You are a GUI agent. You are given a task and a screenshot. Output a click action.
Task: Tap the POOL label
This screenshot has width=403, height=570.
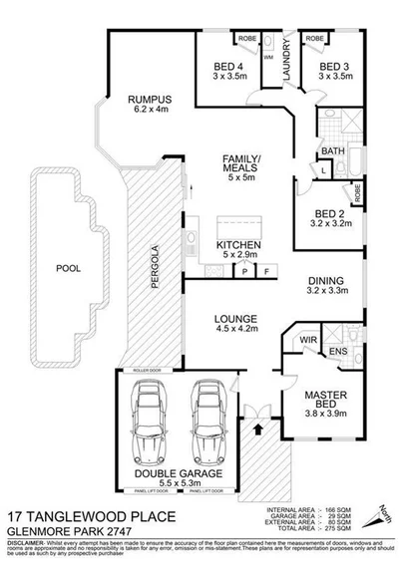click(x=69, y=268)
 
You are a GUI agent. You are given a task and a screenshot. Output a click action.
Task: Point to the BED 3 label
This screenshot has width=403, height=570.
click(x=334, y=68)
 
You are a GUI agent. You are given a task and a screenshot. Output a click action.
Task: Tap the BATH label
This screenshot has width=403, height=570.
click(x=331, y=151)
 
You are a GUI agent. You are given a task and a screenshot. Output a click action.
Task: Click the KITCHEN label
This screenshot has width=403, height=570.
click(x=238, y=245)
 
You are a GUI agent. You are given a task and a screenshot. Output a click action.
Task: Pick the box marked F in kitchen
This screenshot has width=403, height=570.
click(x=266, y=270)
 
